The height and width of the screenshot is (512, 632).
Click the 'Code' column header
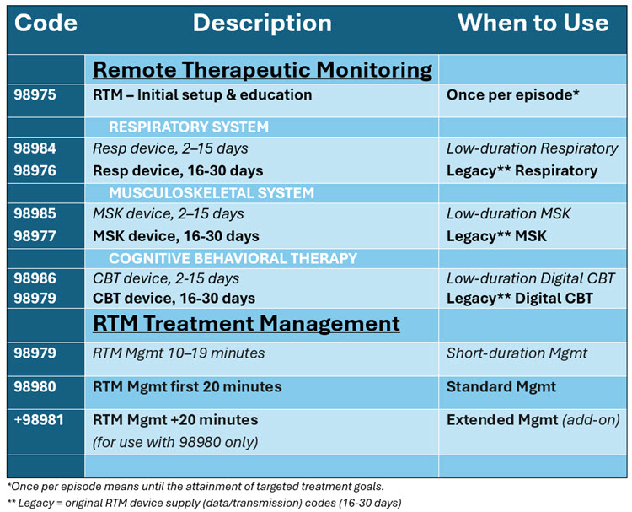tap(46, 23)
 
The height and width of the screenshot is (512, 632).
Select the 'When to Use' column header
tap(533, 23)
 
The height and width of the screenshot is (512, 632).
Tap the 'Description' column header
tap(262, 23)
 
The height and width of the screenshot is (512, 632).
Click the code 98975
tap(35, 95)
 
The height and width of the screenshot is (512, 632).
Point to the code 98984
tap(35, 148)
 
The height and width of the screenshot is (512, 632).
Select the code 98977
tap(35, 236)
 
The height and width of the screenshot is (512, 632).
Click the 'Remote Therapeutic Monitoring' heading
tap(262, 69)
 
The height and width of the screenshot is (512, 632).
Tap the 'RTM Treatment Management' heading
tap(246, 323)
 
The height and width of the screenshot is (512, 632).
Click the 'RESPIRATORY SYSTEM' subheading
tap(188, 127)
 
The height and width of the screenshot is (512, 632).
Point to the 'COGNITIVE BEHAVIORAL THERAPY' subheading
tap(233, 258)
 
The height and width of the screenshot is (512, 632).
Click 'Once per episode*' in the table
tap(512, 95)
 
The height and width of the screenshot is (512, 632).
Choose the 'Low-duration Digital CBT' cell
tap(531, 278)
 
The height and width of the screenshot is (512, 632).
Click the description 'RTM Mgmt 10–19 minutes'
tap(178, 354)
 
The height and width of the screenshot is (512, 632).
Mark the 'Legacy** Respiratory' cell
tap(522, 170)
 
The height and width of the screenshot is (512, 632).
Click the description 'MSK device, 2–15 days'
tap(168, 214)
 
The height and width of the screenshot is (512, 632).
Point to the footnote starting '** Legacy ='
tap(203, 503)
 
